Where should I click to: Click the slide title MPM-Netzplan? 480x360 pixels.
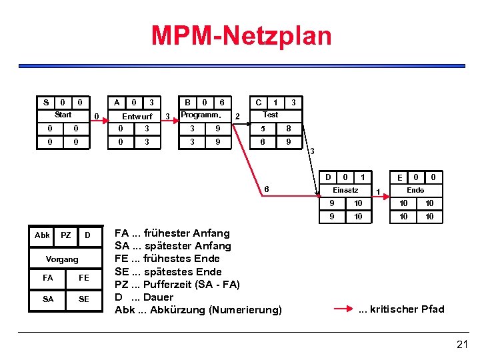(241, 35)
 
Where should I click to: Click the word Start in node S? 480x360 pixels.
(63, 115)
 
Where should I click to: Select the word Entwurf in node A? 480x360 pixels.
(137, 117)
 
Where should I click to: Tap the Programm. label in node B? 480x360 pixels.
(201, 115)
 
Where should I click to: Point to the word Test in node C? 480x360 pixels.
(271, 115)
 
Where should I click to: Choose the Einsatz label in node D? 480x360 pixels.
(346, 190)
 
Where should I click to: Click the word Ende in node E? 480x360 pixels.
(415, 190)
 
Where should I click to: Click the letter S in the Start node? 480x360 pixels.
(45, 103)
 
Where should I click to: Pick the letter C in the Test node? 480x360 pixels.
(258, 103)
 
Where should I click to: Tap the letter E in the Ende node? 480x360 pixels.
(399, 178)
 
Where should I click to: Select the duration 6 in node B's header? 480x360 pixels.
(221, 103)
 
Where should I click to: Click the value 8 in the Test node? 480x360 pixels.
(288, 128)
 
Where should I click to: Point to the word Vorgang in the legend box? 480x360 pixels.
(62, 259)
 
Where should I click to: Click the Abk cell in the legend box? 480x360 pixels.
(42, 235)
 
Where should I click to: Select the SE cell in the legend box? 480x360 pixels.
(83, 299)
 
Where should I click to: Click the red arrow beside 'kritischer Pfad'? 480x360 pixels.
(343, 309)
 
